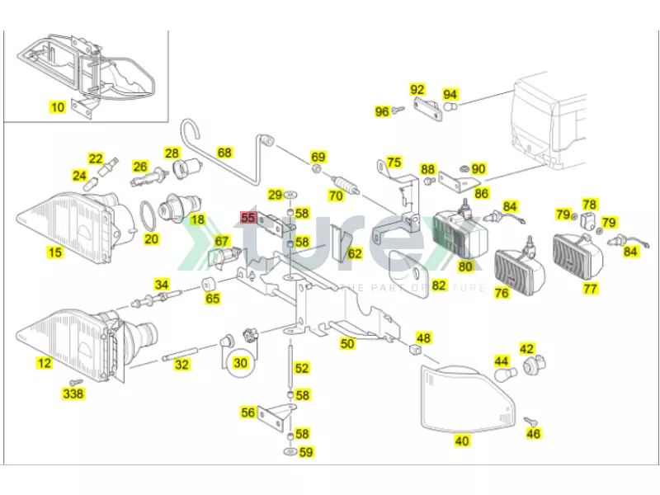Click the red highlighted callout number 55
click(248, 218)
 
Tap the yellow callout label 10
click(57, 106)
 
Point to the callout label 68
click(224, 153)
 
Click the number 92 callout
click(417, 90)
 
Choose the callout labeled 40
click(462, 441)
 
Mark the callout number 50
click(347, 342)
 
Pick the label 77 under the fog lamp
click(590, 289)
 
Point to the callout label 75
click(394, 163)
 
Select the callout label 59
click(305, 451)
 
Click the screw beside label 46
click(528, 422)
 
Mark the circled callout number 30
click(240, 361)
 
